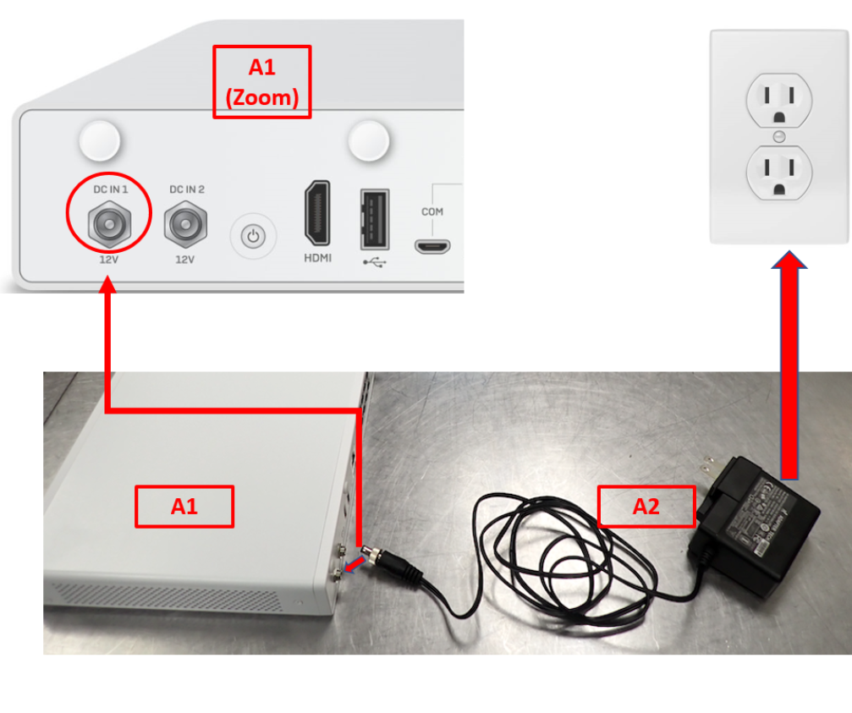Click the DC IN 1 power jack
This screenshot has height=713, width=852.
(109, 224)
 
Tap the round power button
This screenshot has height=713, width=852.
(253, 237)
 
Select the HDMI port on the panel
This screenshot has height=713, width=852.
(317, 214)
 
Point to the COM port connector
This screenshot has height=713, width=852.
(431, 246)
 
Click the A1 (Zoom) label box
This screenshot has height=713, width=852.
(261, 81)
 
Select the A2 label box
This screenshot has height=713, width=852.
(646, 507)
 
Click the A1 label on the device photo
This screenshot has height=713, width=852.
(184, 507)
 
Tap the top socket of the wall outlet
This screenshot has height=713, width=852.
(778, 101)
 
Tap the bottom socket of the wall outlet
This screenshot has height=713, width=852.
(778, 169)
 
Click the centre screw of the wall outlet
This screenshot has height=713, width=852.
(779, 136)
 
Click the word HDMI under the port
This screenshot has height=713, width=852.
(317, 257)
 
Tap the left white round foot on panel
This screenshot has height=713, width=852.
(100, 140)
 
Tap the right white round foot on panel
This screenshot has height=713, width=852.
(370, 140)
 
